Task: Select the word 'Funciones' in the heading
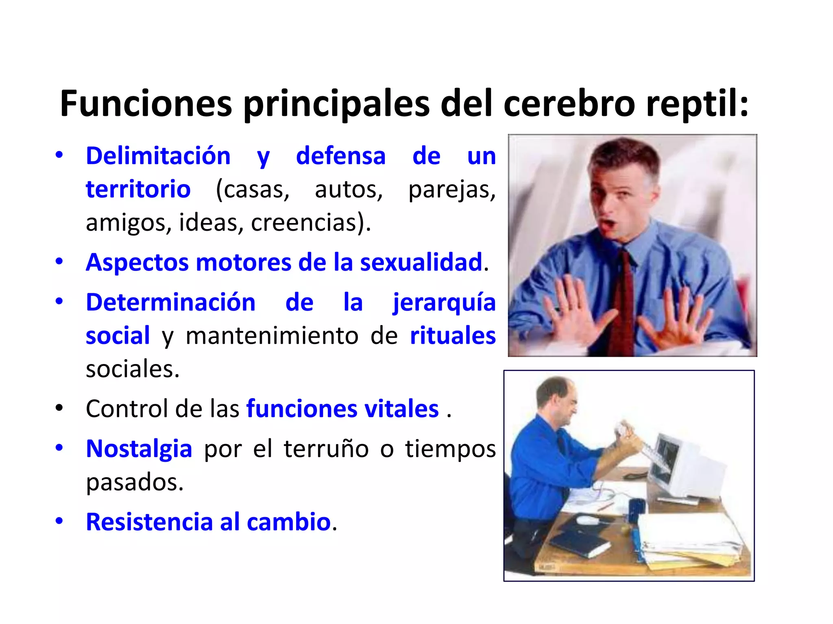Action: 146,104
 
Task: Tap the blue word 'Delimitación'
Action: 158,156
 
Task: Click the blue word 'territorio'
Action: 138,189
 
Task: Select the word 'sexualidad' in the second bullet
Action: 421,262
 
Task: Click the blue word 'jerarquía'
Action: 444,303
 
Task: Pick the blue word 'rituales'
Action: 452,336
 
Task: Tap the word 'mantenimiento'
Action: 272,336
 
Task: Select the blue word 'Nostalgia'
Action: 139,449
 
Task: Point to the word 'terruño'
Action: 326,449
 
